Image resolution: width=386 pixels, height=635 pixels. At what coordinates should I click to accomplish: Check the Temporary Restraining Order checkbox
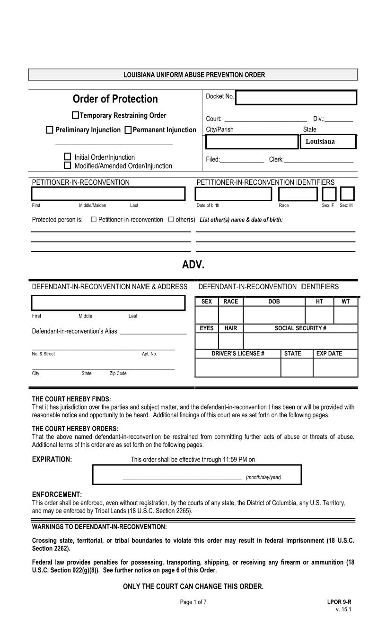click(76, 115)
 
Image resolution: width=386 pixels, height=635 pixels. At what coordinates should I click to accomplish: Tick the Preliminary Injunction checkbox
click(50, 130)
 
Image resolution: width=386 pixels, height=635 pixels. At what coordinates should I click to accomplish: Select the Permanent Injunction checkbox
click(128, 130)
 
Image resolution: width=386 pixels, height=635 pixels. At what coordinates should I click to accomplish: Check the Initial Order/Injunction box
click(67, 156)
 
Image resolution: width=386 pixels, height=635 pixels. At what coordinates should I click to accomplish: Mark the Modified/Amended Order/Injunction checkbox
click(67, 165)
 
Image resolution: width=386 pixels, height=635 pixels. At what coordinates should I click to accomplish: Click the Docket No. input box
click(296, 98)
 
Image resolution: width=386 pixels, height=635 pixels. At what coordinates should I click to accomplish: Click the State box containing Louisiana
click(328, 142)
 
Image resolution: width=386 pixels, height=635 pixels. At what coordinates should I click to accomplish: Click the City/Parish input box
click(252, 142)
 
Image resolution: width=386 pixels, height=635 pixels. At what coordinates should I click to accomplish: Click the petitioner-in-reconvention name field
click(108, 194)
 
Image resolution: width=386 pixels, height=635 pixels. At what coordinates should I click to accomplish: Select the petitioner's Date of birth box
click(234, 194)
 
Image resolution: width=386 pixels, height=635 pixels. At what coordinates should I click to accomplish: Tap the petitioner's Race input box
click(298, 194)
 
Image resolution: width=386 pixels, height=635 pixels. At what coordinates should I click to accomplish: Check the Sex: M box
click(347, 194)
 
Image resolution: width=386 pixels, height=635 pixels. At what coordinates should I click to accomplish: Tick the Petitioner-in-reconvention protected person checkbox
click(94, 220)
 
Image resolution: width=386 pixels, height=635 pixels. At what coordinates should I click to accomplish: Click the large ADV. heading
click(193, 265)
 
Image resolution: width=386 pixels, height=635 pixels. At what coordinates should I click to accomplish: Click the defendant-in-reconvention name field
click(108, 303)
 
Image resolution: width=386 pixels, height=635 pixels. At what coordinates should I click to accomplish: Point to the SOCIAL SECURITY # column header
click(300, 328)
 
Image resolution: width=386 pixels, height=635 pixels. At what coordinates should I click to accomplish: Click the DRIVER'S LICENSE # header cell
click(238, 353)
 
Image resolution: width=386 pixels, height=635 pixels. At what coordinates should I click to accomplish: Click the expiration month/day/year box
click(197, 474)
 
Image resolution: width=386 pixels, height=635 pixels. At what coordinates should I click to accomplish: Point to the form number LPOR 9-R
click(339, 602)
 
